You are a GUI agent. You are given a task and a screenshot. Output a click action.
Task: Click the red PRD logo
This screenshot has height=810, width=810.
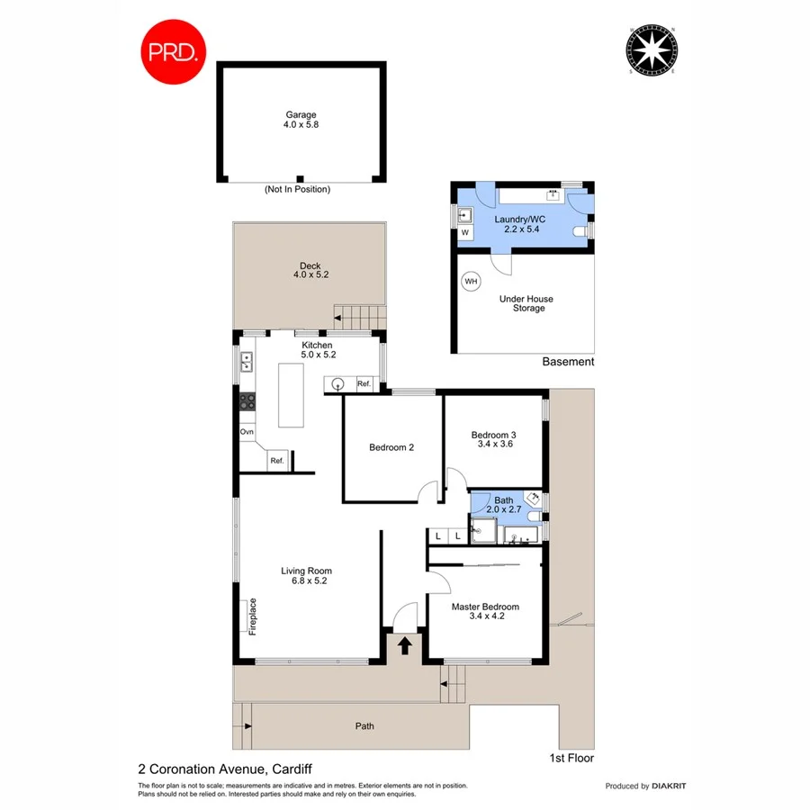(x=175, y=52)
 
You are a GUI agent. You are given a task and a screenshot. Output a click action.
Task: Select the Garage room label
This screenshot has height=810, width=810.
(x=301, y=115)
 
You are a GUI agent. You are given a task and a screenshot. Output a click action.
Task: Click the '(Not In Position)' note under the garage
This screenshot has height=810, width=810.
(x=297, y=190)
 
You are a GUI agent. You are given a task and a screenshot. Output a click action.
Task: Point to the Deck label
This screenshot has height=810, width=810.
(x=310, y=265)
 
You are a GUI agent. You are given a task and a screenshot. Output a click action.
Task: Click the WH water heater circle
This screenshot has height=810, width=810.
(x=470, y=282)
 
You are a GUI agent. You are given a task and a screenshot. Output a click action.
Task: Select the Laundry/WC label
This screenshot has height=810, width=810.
(x=521, y=219)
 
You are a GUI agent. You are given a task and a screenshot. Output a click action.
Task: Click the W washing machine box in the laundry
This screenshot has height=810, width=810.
(x=465, y=232)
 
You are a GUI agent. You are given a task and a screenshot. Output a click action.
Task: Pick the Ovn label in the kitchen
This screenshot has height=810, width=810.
(x=247, y=432)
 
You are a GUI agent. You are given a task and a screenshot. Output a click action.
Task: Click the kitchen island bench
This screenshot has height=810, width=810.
(x=291, y=394)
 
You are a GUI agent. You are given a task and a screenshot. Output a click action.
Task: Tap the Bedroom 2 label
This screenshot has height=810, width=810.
(x=391, y=447)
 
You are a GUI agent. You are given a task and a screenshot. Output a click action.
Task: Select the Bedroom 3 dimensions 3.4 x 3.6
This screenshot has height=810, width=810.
(x=492, y=444)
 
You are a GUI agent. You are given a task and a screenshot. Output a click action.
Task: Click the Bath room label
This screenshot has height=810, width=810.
(x=503, y=500)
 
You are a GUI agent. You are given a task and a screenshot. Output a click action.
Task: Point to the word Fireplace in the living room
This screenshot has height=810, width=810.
(x=253, y=616)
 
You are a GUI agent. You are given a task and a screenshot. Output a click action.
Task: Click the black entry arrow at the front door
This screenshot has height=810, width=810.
(x=405, y=645)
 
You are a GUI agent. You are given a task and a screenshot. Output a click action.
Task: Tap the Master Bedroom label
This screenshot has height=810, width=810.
(x=485, y=607)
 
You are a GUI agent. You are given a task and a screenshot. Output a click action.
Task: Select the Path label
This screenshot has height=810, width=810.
(x=364, y=726)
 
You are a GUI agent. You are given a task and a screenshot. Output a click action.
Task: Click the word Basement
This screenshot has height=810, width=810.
(x=568, y=362)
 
